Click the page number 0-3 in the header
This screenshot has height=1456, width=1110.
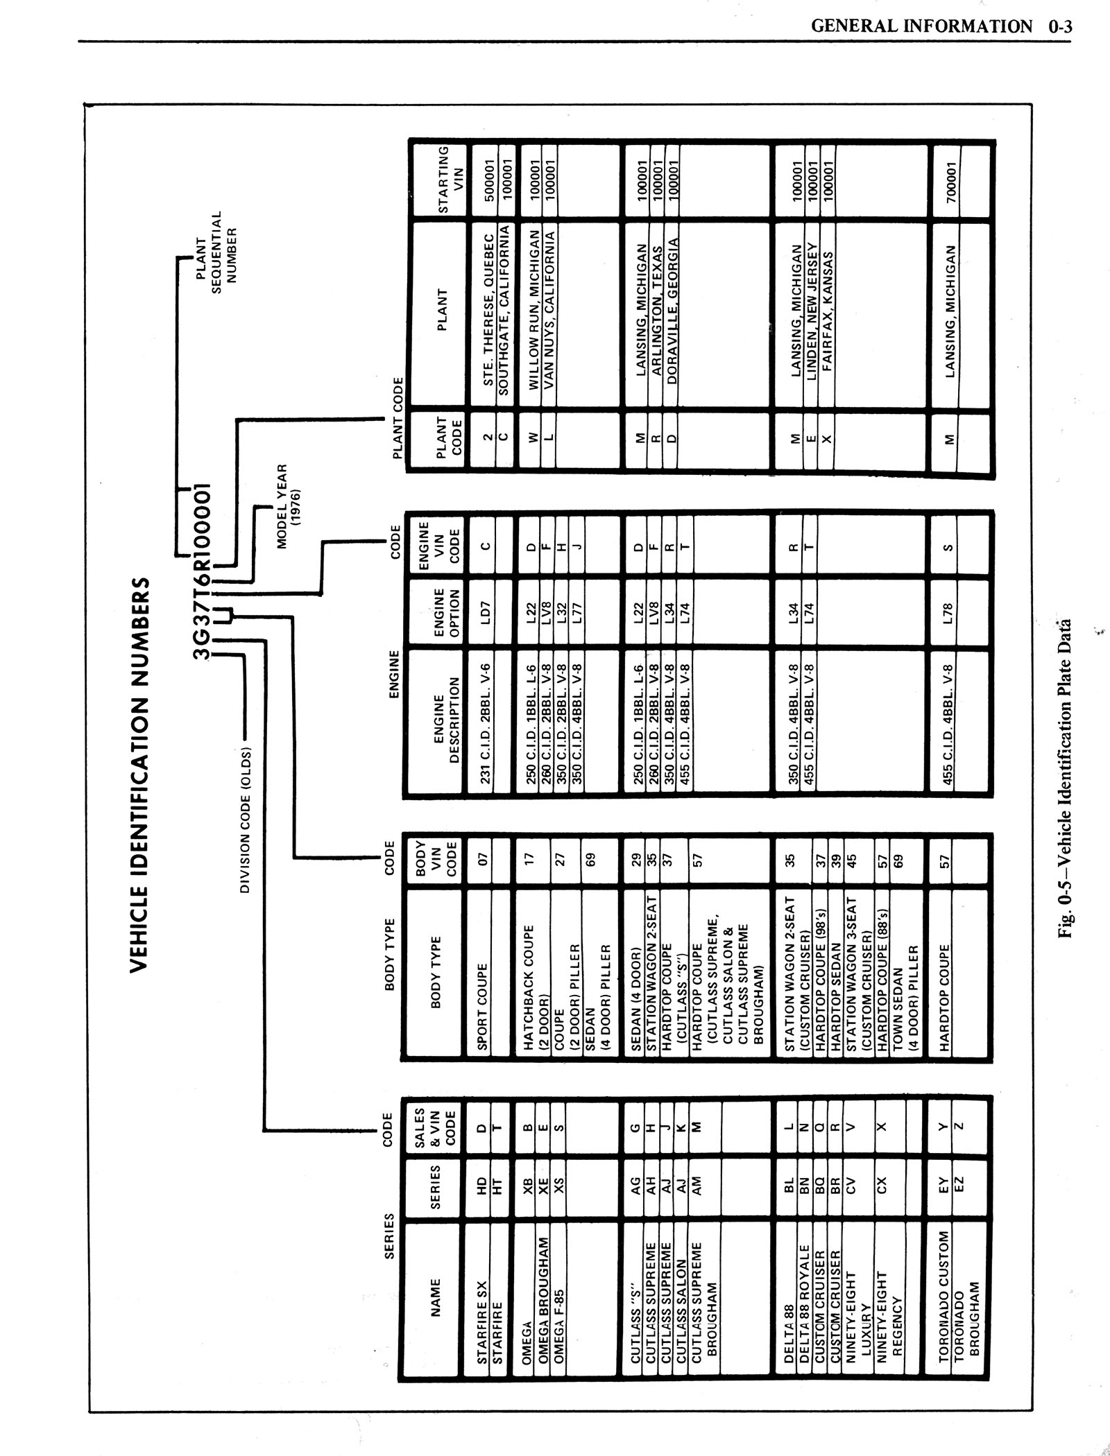point(1061,27)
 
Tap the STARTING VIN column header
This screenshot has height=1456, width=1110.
point(444,179)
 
